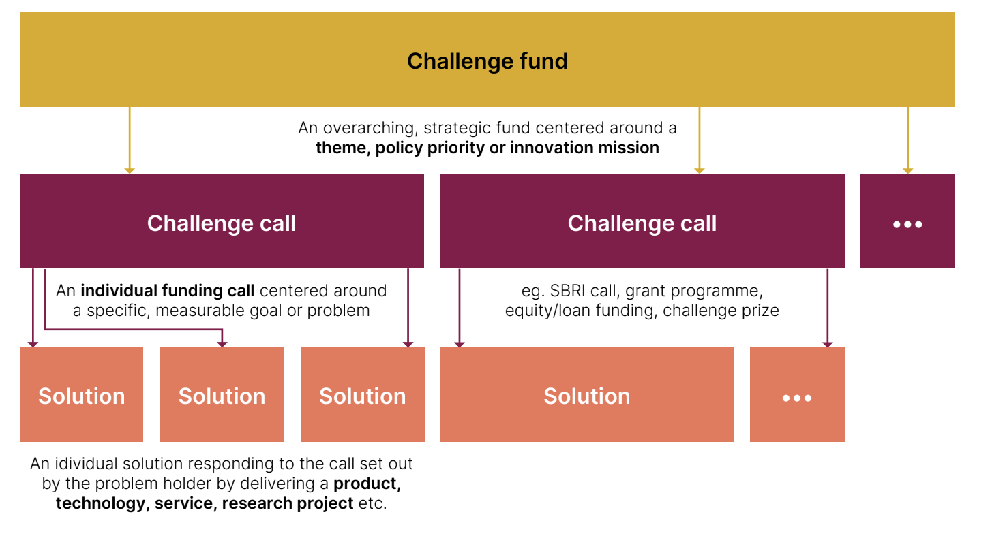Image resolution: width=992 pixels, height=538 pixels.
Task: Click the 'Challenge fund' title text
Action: (x=487, y=61)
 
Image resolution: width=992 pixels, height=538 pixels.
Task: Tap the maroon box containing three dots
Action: (x=907, y=221)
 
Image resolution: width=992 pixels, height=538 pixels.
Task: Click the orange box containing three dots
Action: (x=797, y=395)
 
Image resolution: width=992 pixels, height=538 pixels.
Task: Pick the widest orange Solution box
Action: (x=587, y=395)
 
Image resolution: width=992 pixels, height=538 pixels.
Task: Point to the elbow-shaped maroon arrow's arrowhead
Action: (x=222, y=343)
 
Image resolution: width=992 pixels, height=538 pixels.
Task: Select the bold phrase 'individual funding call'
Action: (x=168, y=291)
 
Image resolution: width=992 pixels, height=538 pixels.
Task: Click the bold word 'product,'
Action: (x=367, y=484)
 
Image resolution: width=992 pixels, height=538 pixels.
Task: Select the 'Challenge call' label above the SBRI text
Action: (x=642, y=223)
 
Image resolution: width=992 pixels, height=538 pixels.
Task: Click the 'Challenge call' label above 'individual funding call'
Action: (x=222, y=223)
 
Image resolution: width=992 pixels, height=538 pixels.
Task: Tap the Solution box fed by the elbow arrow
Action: (x=222, y=395)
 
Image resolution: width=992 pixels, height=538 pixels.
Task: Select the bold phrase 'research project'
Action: (x=288, y=503)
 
